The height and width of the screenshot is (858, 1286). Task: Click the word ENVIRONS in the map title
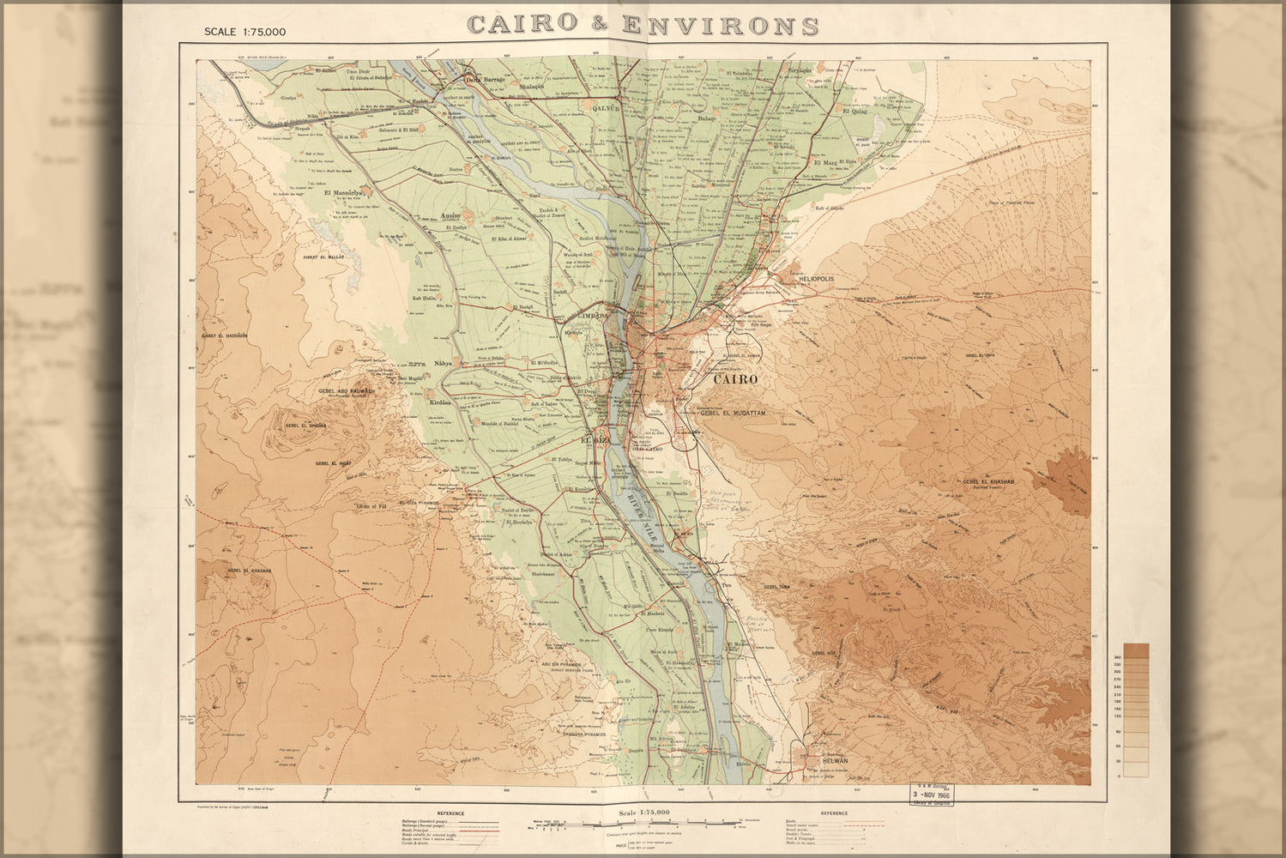point(721,25)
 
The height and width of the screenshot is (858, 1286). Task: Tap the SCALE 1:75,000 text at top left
point(245,32)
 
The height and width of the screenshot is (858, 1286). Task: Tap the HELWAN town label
point(834,761)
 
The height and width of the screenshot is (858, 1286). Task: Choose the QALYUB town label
point(606,108)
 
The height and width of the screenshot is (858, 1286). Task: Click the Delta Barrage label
point(485,80)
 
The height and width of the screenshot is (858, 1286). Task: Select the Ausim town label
point(450,214)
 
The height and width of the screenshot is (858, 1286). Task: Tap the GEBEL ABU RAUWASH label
point(347,390)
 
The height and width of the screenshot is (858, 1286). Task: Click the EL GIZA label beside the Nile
point(594,440)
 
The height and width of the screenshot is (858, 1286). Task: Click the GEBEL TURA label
point(776,586)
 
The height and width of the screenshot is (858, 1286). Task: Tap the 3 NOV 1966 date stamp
point(934,794)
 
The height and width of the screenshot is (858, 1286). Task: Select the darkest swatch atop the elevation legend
point(1136,650)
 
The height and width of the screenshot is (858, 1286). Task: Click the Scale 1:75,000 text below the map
point(643,812)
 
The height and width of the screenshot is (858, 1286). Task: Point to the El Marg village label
point(824,162)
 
